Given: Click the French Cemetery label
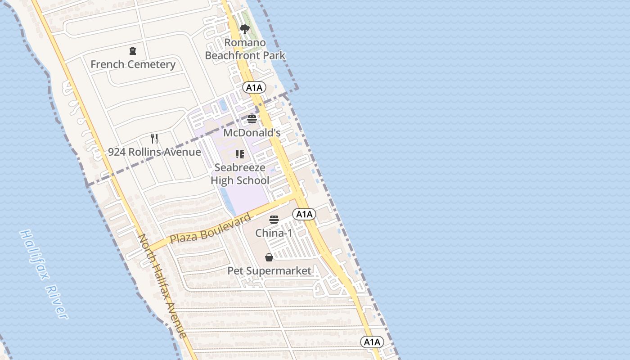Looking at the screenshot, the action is pyautogui.click(x=133, y=64).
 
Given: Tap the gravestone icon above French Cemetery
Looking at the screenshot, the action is pyautogui.click(x=132, y=51).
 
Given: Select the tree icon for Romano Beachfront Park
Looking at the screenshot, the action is pyautogui.click(x=245, y=30).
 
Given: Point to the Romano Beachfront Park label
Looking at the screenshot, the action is pyautogui.click(x=245, y=49).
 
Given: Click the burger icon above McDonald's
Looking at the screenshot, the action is pyautogui.click(x=252, y=119).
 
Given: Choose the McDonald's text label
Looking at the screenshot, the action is pyautogui.click(x=252, y=133).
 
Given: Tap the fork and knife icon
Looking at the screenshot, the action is pyautogui.click(x=154, y=138).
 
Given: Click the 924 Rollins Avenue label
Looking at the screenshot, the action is pyautogui.click(x=154, y=152).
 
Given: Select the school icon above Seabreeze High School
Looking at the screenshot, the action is pyautogui.click(x=240, y=154).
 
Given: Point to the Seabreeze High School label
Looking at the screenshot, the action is pyautogui.click(x=240, y=174).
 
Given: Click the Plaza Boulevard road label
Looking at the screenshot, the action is pyautogui.click(x=210, y=229).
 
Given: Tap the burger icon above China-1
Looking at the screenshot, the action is pyautogui.click(x=274, y=220).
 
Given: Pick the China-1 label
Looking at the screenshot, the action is pyautogui.click(x=274, y=233).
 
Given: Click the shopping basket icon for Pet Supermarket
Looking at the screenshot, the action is pyautogui.click(x=269, y=257).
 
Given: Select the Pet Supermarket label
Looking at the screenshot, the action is pyautogui.click(x=269, y=271).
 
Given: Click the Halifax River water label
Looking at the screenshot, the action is pyautogui.click(x=44, y=274).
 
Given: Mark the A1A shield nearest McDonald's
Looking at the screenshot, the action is pyautogui.click(x=254, y=88).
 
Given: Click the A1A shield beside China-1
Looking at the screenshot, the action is pyautogui.click(x=304, y=214).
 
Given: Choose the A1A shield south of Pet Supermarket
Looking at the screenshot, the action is pyautogui.click(x=372, y=342).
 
